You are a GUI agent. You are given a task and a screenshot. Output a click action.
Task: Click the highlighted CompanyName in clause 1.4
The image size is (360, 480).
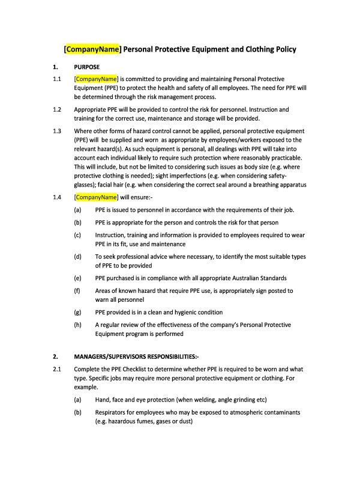click(x=95, y=196)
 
